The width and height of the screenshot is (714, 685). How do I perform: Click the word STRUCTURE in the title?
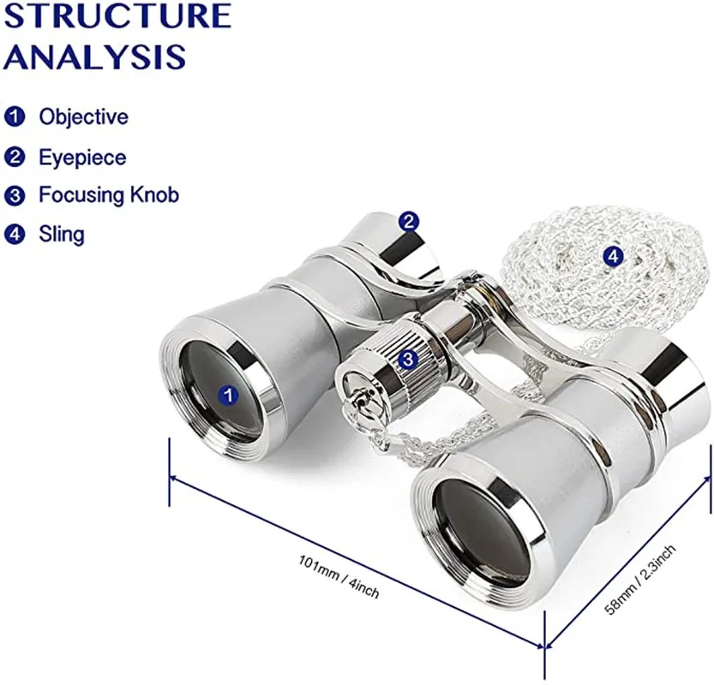[117, 15]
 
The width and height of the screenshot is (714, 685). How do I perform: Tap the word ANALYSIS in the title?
[94, 57]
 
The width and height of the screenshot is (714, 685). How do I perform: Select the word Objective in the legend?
[83, 116]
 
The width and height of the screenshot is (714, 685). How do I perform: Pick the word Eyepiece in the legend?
[82, 158]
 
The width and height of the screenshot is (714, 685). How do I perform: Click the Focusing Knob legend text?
[109, 195]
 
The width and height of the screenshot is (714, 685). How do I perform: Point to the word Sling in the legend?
[62, 234]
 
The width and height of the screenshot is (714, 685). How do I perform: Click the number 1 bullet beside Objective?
[15, 116]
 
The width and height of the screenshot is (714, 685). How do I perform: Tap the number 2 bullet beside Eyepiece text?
[15, 158]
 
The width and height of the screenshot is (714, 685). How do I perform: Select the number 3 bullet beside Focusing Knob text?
[15, 196]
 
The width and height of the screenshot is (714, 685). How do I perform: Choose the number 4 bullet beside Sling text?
[15, 234]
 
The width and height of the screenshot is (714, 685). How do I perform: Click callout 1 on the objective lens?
[228, 395]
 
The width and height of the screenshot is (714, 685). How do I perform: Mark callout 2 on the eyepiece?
[410, 222]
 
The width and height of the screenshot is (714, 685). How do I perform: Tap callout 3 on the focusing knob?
[408, 360]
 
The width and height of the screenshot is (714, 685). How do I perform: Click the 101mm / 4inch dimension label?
[339, 575]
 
